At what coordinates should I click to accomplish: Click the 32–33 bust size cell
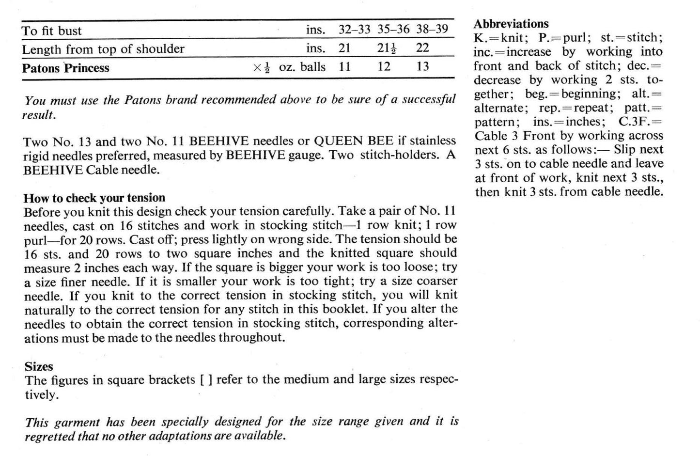(x=354, y=30)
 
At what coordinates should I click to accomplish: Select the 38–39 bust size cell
(x=432, y=29)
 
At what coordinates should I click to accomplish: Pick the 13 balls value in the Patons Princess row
(x=423, y=66)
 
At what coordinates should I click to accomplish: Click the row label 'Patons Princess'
(x=65, y=68)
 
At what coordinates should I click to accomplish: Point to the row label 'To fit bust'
(x=52, y=31)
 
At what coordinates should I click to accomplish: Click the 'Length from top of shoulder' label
(x=103, y=49)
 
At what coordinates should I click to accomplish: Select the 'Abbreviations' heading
(x=511, y=24)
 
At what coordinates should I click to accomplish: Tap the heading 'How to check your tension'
(x=94, y=198)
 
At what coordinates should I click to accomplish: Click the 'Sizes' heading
(x=39, y=366)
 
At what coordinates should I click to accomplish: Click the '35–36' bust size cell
(x=393, y=30)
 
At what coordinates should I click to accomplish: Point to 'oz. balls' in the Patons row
(x=302, y=66)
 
